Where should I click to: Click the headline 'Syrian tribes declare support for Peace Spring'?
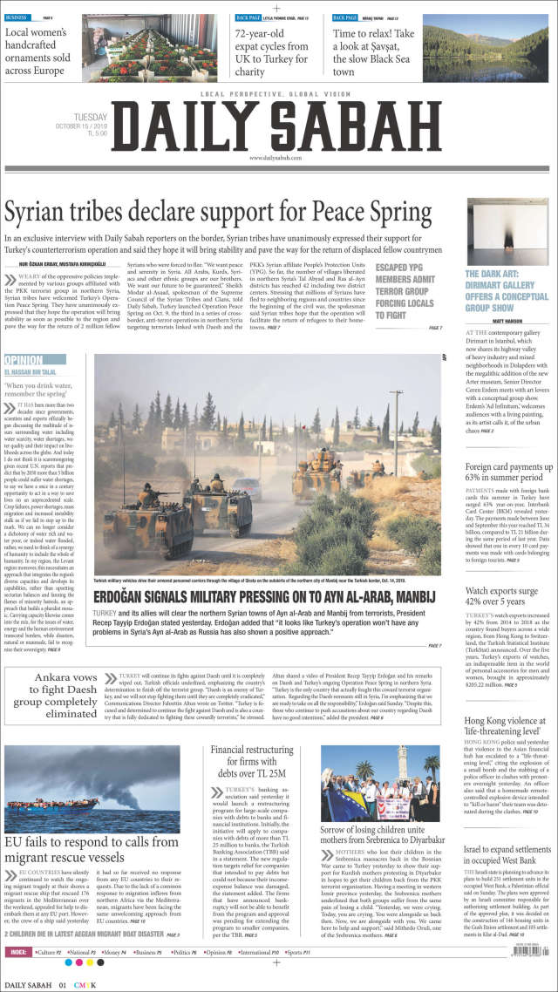pyautogui.click(x=218, y=212)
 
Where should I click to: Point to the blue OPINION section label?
pyautogui.click(x=24, y=359)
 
